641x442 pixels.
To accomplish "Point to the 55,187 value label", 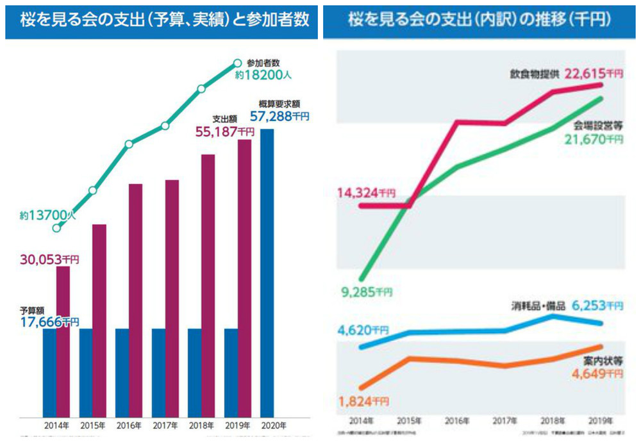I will tap(224, 132).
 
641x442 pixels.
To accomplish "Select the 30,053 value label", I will tap(49, 259).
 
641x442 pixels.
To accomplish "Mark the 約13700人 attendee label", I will tap(47, 217).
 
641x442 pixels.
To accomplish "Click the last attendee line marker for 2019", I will tap(237, 63).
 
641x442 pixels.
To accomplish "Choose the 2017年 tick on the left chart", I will tap(165, 425).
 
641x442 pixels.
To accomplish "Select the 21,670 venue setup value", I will tap(594, 137).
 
